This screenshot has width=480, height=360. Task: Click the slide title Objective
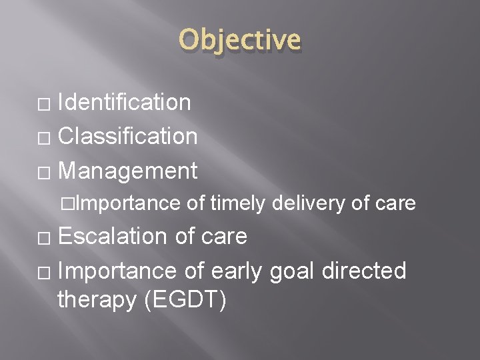pyautogui.click(x=239, y=39)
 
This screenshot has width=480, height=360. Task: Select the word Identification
pyautogui.click(x=125, y=102)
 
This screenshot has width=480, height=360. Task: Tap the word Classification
pyautogui.click(x=127, y=136)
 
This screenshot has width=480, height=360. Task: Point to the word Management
pyautogui.click(x=127, y=171)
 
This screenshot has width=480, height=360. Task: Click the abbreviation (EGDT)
pyautogui.click(x=184, y=300)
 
